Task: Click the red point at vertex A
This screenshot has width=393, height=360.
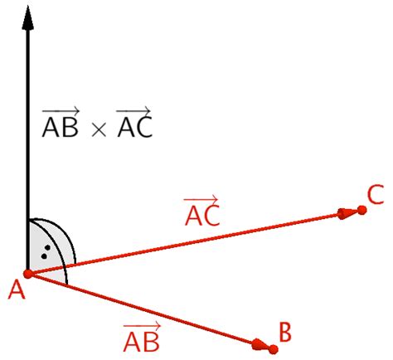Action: click(28, 273)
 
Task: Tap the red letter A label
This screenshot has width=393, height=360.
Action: click(14, 289)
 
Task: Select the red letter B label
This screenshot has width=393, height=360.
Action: click(284, 333)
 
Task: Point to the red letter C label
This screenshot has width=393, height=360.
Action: click(375, 195)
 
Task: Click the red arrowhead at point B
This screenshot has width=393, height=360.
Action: click(260, 344)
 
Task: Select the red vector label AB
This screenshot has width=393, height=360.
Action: click(140, 340)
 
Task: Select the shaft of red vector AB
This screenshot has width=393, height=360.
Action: click(141, 308)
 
